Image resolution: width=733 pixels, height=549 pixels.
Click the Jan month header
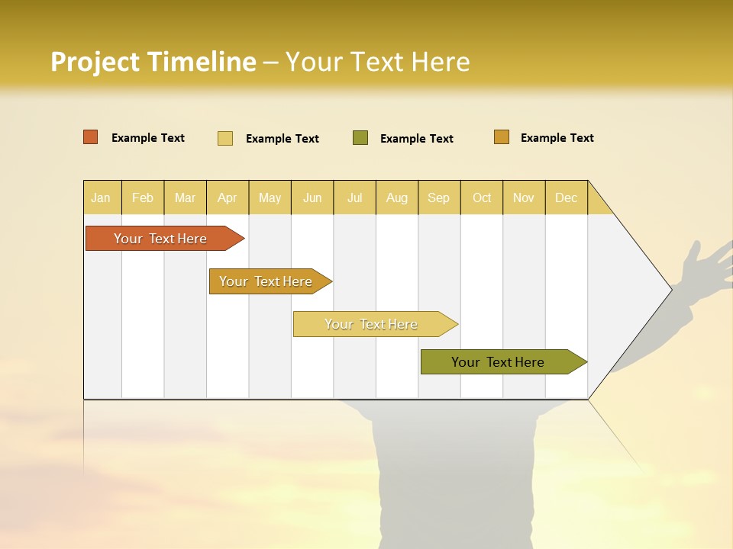(101, 197)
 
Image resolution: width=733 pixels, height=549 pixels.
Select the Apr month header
(227, 197)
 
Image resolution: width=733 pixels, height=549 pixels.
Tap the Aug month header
(396, 197)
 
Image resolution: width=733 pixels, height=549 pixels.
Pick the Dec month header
(566, 197)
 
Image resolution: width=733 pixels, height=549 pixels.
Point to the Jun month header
(312, 197)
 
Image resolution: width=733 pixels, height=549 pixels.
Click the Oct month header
(482, 197)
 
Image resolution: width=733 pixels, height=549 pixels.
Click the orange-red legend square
(91, 137)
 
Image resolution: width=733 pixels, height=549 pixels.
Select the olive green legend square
(360, 138)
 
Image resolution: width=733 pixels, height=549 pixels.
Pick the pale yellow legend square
(225, 138)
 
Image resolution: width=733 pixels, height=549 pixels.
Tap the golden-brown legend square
(502, 137)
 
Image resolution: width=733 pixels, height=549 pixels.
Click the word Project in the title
(95, 62)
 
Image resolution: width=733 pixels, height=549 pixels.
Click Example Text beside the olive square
(416, 139)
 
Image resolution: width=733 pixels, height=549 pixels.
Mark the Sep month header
(438, 197)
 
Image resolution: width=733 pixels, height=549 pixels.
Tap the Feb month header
(143, 197)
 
